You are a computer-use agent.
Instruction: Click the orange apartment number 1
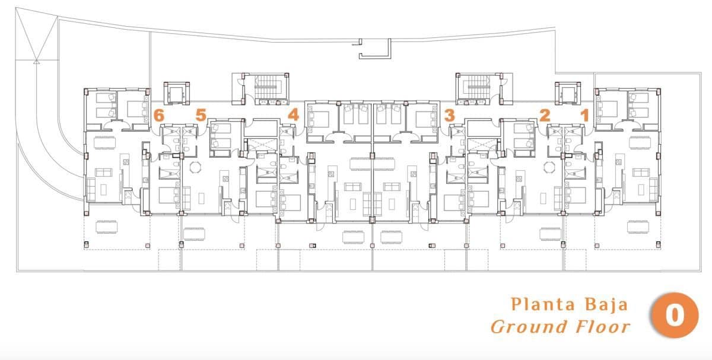(584, 116)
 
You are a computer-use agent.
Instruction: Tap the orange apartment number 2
(544, 116)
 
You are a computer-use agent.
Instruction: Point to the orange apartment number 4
(293, 114)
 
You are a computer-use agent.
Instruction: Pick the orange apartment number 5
(201, 115)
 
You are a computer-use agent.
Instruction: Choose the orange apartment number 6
(158, 116)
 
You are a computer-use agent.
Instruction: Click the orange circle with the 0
(675, 316)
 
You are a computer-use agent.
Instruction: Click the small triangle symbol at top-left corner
(37, 60)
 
